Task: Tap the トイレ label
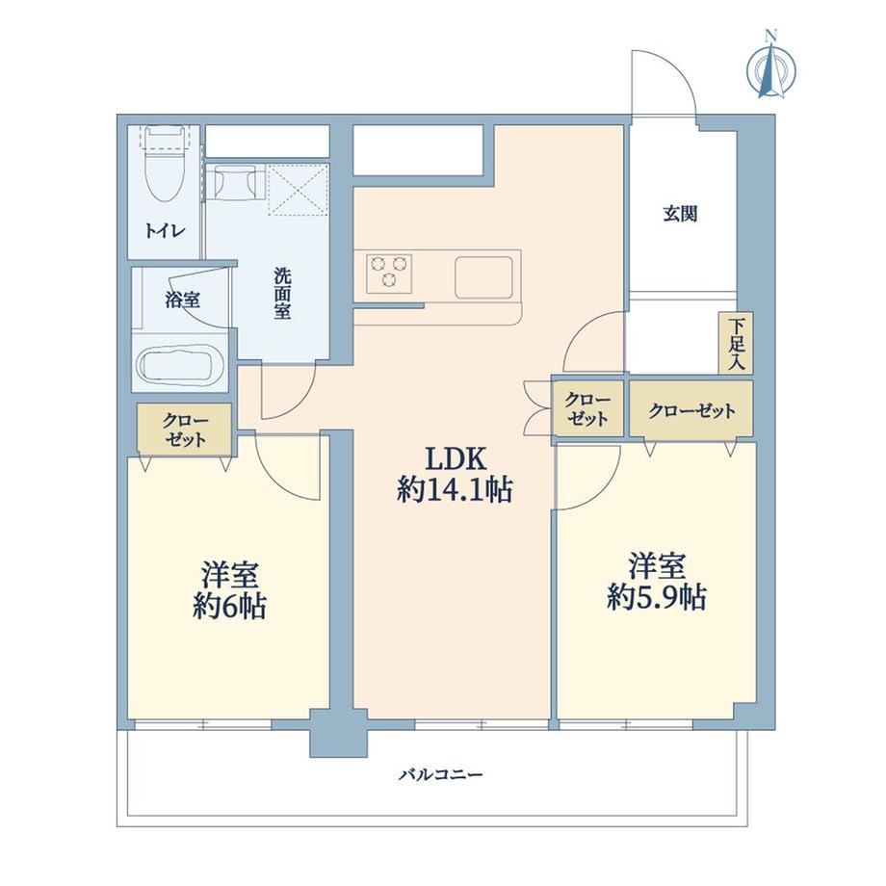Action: tap(165, 230)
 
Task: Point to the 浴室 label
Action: tap(183, 300)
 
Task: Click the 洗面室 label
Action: tap(282, 294)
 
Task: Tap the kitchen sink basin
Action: tap(483, 277)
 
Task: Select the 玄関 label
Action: tap(680, 214)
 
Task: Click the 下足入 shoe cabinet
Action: tap(736, 343)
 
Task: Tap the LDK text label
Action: tap(456, 459)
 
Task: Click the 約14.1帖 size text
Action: tap(455, 489)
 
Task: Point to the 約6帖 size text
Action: tap(229, 607)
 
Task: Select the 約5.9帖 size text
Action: tap(657, 597)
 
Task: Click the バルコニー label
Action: tap(441, 773)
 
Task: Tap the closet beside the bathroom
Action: tap(185, 430)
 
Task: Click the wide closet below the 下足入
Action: tap(691, 409)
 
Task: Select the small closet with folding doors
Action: tap(587, 408)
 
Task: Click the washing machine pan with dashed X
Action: tap(298, 190)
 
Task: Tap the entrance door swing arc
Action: tap(672, 70)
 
